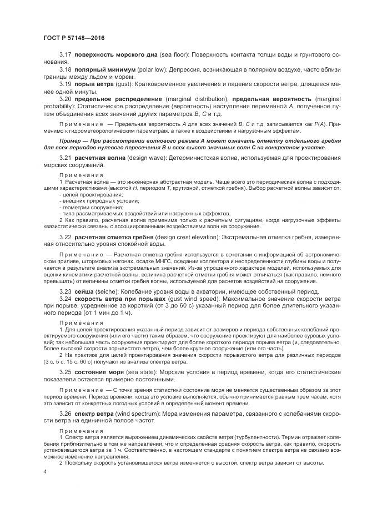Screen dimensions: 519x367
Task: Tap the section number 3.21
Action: (66, 159)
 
